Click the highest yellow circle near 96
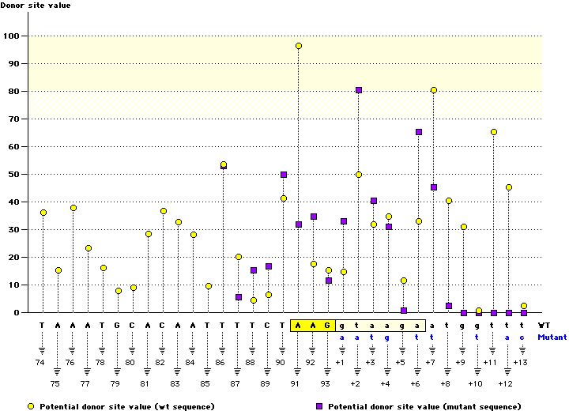pos(299,46)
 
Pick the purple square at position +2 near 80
pos(359,90)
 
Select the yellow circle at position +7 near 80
pos(434,90)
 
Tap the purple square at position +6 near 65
pos(419,132)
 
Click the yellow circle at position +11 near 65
pos(494,132)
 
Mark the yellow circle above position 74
pos(43,213)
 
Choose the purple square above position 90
pos(284,174)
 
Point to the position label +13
pos(521,362)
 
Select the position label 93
pos(326,383)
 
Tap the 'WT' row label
pos(545,324)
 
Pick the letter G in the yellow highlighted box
pos(328,324)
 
